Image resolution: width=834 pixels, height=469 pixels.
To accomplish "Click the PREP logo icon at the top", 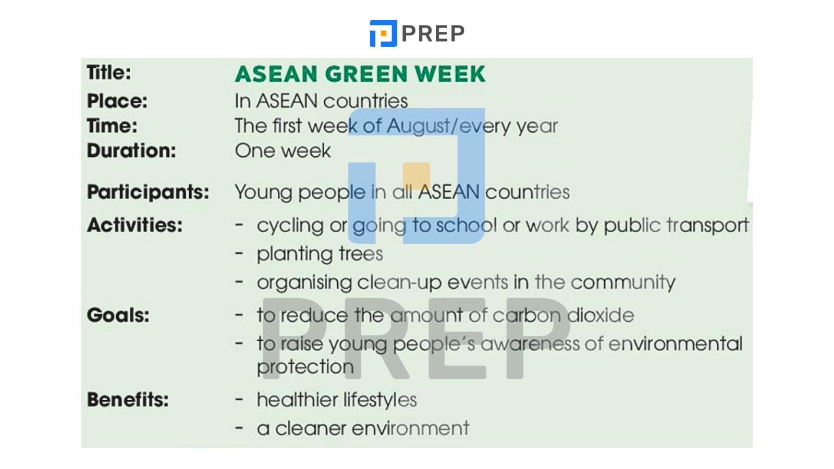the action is coord(383,33).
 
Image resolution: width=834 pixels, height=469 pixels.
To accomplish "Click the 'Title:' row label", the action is coord(109,72).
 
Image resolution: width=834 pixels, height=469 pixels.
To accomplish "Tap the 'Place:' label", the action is coord(117,101).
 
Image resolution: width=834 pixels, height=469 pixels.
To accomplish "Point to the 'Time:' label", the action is coord(112,126).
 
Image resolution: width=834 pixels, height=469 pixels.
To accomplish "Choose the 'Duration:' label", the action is coord(131,151).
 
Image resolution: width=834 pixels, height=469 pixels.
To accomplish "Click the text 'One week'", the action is coord(283,151).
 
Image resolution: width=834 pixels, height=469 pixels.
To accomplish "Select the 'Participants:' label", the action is coord(148,193).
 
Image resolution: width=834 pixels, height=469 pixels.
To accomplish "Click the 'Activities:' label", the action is coord(135,225).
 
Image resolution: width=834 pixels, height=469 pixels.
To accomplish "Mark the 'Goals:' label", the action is coord(118,315).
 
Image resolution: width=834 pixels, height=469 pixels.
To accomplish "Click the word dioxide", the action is coord(600,315).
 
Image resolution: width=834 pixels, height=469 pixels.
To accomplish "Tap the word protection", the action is coord(305,367).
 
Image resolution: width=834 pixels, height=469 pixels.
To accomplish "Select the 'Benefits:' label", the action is coord(128,400).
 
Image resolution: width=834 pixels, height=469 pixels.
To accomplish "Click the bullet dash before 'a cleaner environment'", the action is coord(239,428).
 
